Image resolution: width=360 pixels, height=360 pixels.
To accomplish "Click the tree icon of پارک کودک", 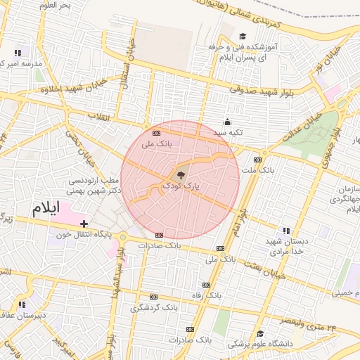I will pos(181,176).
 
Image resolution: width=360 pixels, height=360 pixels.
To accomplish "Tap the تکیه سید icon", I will pos(226,122).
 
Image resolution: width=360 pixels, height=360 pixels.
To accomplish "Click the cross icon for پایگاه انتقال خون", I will pos(84,224).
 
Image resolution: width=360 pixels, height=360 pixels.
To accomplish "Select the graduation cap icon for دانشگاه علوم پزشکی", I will pos(260,333).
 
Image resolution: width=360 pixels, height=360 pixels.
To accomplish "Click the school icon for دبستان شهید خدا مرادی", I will pos(285,230).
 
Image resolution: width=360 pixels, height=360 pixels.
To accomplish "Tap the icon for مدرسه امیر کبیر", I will pos(17,52).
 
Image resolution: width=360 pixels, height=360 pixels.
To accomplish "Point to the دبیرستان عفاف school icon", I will pos(21,304).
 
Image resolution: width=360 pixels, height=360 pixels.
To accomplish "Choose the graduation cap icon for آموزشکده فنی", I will pos(243,37).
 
